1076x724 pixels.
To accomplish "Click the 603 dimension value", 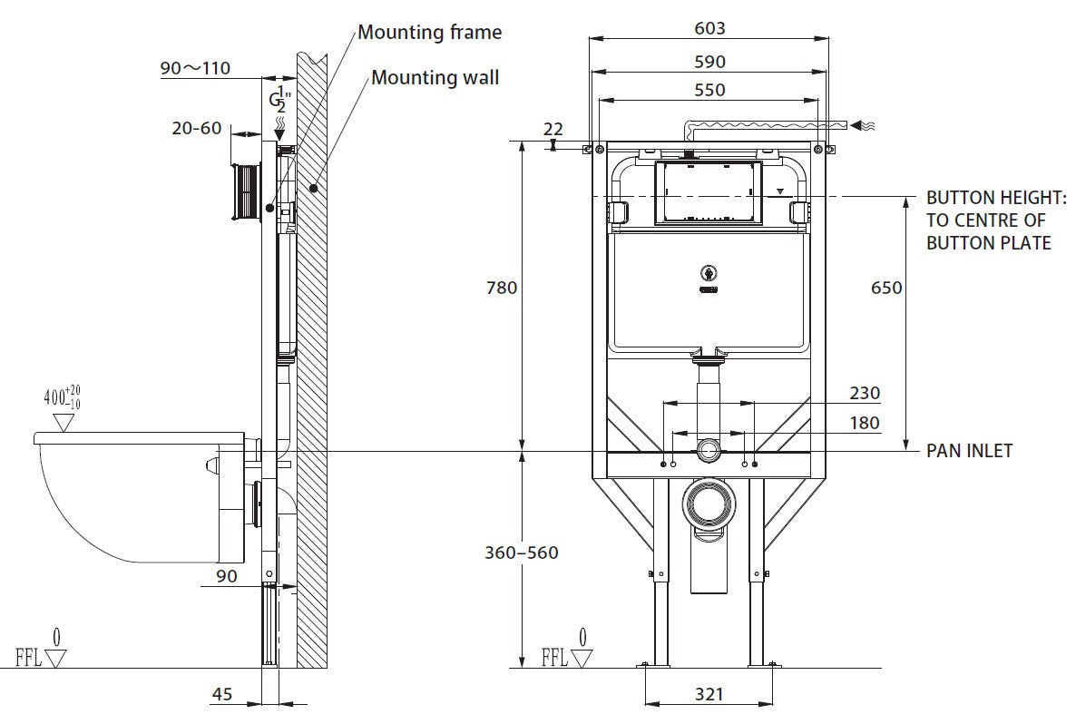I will [x=709, y=28].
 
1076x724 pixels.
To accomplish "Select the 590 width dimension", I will [x=709, y=62].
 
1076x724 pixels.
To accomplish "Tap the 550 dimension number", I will [x=709, y=90].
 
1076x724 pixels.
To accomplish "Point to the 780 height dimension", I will [x=501, y=288].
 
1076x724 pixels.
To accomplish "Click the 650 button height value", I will [x=885, y=288].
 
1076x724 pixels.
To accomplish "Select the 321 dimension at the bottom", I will [x=709, y=694].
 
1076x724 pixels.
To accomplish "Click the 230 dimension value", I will [x=864, y=394].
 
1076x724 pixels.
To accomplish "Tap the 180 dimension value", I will [x=864, y=423].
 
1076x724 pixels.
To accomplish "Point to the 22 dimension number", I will [x=553, y=129].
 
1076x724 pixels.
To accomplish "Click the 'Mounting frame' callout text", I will [x=429, y=33].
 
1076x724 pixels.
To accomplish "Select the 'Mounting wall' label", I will [x=435, y=78].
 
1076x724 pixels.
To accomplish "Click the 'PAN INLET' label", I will [x=969, y=451].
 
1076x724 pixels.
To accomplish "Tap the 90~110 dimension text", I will [x=195, y=68].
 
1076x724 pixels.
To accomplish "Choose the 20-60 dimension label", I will [x=197, y=128].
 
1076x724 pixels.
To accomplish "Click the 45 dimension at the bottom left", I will [x=221, y=694].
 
